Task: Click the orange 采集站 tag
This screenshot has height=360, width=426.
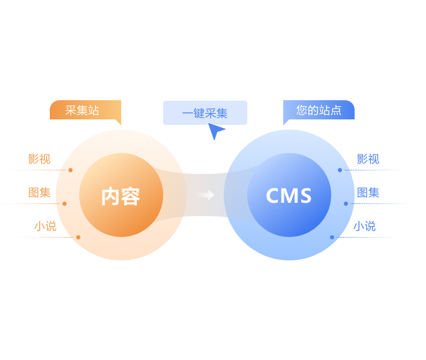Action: [83, 110]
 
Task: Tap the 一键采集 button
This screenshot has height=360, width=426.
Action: [205, 113]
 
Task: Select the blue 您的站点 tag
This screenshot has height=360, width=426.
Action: [319, 110]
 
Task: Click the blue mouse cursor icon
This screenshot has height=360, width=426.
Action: [215, 131]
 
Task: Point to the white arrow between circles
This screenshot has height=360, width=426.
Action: [206, 195]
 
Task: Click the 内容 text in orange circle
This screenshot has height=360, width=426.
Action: [121, 196]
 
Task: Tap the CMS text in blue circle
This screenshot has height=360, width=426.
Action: [289, 196]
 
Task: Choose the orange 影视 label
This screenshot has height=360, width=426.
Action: [39, 159]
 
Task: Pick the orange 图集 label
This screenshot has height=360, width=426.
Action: [39, 193]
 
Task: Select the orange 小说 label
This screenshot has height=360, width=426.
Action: [45, 226]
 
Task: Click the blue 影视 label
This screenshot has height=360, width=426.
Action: [368, 159]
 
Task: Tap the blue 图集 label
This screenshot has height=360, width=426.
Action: [368, 193]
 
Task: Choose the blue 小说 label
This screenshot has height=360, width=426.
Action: [364, 226]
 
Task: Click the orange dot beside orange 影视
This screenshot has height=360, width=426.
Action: [70, 170]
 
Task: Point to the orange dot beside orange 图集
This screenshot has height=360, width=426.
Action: [64, 203]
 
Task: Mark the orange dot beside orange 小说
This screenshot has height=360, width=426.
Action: [78, 237]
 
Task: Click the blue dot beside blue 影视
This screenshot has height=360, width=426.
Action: [340, 170]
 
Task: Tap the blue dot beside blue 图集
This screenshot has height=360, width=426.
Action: [346, 203]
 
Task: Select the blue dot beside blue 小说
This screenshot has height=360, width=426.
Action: [332, 237]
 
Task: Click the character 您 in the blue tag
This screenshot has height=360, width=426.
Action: [302, 110]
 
